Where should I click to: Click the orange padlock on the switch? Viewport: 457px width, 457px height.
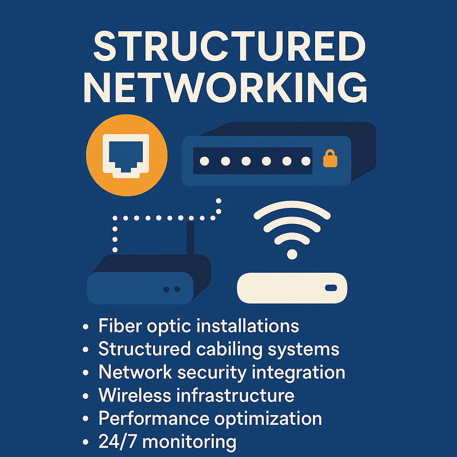point(330,159)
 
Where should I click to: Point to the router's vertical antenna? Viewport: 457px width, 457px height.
point(191,239)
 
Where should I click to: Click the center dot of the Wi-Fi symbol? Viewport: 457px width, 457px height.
point(292,254)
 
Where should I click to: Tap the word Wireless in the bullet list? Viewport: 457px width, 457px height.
point(134,395)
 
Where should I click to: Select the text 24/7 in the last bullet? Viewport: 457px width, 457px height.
point(117,442)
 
